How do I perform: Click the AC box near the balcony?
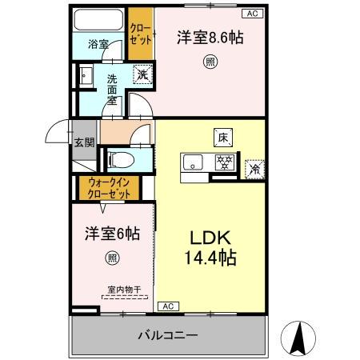point(169,306)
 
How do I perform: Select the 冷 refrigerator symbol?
point(254,169)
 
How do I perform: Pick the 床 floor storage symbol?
point(222,137)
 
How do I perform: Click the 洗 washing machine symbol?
point(141,74)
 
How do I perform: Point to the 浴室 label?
point(98,46)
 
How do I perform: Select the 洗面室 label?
point(113,90)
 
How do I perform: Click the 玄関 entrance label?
point(84,143)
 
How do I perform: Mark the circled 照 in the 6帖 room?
point(112,258)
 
